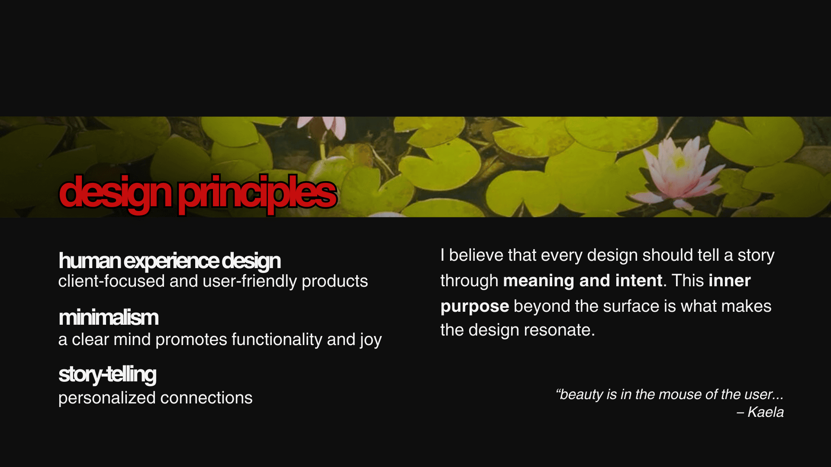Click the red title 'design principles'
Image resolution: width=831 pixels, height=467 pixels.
coord(198,194)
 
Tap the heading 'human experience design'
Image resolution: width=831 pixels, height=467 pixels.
coord(170,261)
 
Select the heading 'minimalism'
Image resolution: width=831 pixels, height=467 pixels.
coord(109,317)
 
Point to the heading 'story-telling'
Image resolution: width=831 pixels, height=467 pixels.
coord(107,374)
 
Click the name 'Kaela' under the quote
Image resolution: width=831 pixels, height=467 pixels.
coord(766,412)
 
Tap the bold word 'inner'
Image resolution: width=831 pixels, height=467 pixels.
coord(730,281)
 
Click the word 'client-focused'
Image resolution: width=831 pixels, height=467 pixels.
coord(112,281)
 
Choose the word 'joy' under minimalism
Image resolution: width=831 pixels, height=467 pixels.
coord(370,340)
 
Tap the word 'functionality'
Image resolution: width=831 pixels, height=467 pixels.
coord(277,340)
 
